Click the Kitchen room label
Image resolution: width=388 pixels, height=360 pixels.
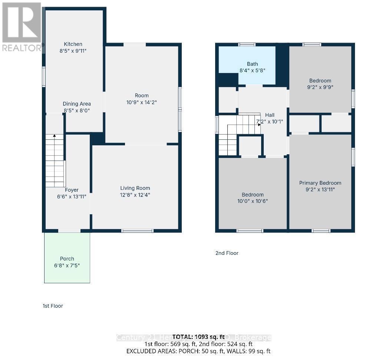click(x=73, y=44)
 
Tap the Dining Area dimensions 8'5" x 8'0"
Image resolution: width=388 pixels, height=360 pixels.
click(x=76, y=110)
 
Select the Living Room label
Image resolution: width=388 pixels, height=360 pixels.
click(x=135, y=188)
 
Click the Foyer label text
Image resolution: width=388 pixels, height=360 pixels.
click(x=72, y=190)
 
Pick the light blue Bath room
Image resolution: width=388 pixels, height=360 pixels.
click(x=247, y=65)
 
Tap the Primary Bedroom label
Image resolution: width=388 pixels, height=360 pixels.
click(x=320, y=183)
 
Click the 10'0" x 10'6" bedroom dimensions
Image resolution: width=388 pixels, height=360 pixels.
click(x=253, y=201)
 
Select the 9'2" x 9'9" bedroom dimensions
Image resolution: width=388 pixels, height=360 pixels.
click(x=320, y=87)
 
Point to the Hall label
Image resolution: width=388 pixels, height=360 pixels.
click(x=270, y=115)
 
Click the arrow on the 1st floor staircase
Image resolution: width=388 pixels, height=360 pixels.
click(x=55, y=136)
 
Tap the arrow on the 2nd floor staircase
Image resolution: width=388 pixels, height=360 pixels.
click(x=259, y=124)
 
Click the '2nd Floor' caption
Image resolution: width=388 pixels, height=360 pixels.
click(x=227, y=253)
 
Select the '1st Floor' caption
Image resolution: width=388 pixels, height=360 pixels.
click(x=53, y=306)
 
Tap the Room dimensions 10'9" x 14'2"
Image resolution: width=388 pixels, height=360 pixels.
click(x=142, y=102)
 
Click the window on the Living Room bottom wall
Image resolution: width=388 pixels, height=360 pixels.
click(x=137, y=231)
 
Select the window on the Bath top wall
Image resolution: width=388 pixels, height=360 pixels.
click(x=247, y=44)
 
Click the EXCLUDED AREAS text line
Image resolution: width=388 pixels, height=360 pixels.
click(x=198, y=351)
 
